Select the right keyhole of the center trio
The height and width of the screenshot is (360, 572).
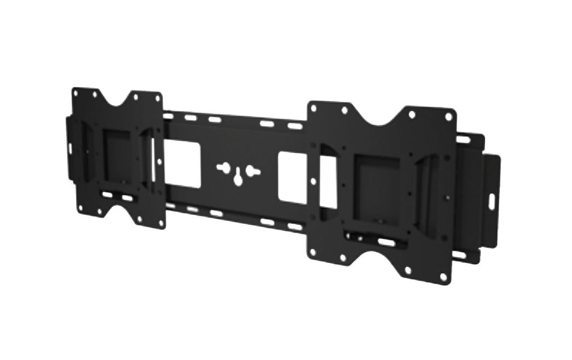click(253, 171)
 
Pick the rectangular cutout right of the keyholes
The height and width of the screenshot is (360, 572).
click(293, 178)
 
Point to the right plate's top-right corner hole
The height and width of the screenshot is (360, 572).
click(448, 117)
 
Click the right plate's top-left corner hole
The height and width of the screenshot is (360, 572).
click(316, 107)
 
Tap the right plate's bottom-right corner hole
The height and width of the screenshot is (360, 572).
click(443, 277)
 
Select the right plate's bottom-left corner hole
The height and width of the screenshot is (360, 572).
click(312, 252)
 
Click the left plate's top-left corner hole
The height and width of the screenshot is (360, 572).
click(75, 93)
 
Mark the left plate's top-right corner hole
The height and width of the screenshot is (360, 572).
click(157, 98)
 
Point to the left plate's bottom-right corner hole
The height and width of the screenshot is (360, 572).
click(161, 223)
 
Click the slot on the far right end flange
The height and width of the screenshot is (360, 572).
click(491, 200)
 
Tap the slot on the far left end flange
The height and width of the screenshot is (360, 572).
click(70, 148)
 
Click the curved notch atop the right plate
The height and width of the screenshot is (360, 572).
click(378, 115)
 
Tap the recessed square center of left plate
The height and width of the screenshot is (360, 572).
click(117, 156)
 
